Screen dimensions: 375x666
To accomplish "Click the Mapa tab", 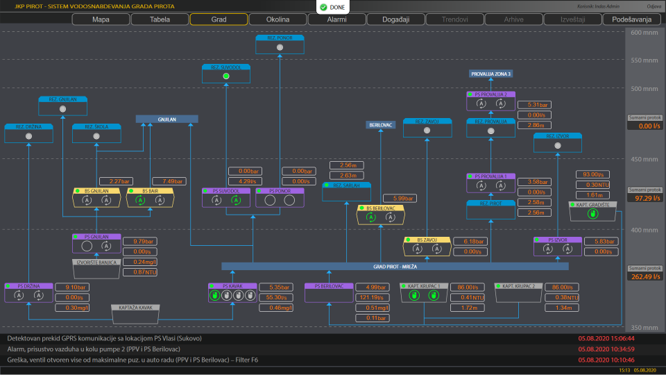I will click(101, 19).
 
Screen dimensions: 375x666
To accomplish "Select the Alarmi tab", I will click(336, 19).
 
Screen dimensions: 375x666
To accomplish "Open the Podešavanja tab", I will click(632, 19).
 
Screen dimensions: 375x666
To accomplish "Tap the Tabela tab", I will click(160, 19).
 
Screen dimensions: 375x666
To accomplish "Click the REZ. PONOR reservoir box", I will click(280, 44).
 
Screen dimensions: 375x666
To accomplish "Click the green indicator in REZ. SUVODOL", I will click(226, 76).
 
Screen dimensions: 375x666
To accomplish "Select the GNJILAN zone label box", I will click(167, 119).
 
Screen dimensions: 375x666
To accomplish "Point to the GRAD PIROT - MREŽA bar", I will click(395, 266).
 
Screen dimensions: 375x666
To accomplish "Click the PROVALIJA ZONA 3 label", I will click(490, 74).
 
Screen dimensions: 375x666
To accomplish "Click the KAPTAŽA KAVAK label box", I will click(135, 307).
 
